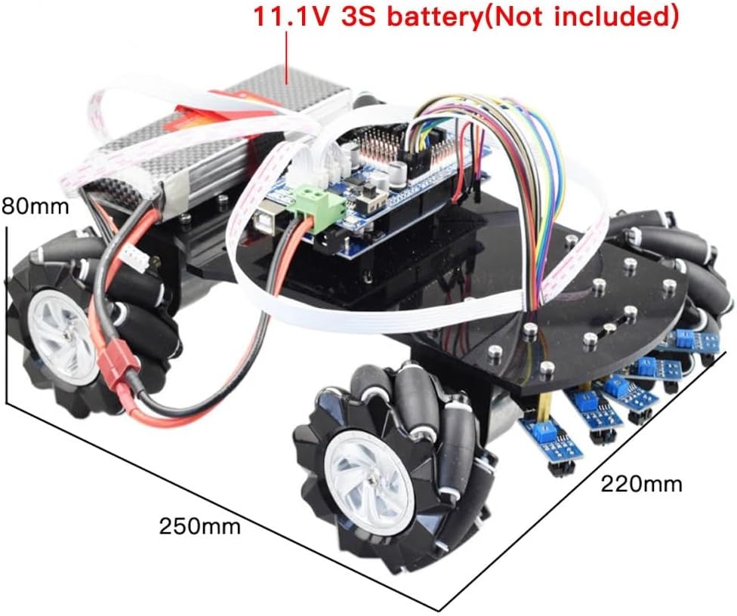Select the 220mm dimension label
click(640, 483)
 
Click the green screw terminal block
click(316, 199)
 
